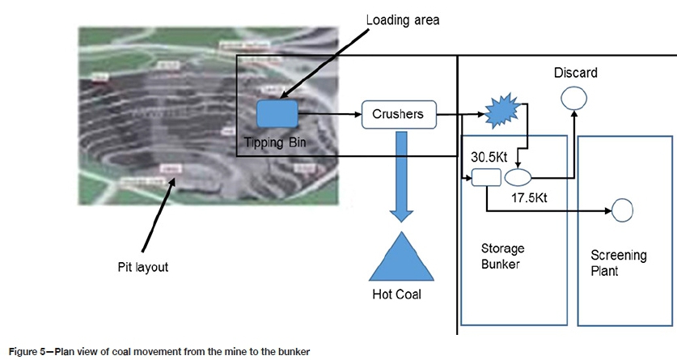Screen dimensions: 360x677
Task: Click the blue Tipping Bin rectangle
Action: pos(278,114)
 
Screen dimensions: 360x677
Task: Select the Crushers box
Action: pos(398,114)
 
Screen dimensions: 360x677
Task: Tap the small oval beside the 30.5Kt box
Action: pos(518,176)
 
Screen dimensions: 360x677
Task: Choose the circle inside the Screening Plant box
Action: pos(621,211)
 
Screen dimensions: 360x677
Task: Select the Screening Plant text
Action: pos(620,263)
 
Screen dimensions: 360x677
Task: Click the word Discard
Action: pos(575,73)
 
